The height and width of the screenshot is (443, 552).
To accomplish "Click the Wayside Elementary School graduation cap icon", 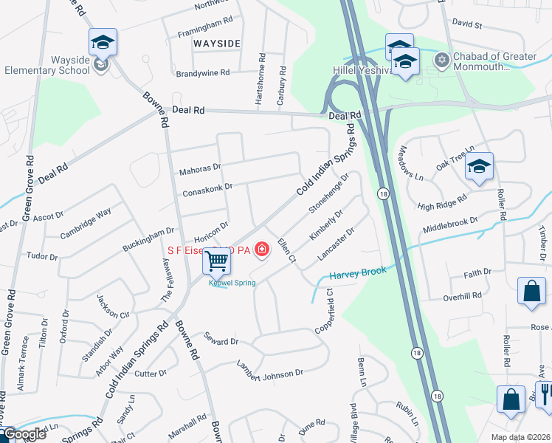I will coord(103,43).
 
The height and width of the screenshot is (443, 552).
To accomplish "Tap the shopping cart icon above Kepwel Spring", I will coord(217,261).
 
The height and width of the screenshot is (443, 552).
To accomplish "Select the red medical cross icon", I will coord(261,250).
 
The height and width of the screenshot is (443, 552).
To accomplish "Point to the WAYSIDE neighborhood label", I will coord(217,44).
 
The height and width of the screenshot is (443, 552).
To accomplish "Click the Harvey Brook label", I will coord(358,272).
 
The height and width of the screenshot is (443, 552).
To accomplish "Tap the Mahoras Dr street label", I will coord(200,172).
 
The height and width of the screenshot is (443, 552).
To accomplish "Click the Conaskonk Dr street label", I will coord(207,191).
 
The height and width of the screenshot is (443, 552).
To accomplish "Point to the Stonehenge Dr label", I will coord(329,194).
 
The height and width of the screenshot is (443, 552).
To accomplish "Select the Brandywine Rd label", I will coord(203,73).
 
